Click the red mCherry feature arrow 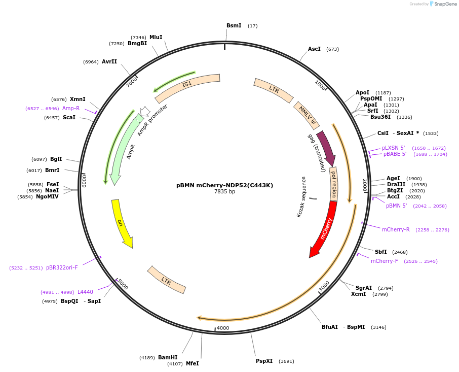pos(324,228)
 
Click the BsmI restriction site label pos(234,26)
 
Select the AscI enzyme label pos(314,49)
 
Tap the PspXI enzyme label pos(264,361)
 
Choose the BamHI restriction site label pos(168,357)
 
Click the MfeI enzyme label pos(192,363)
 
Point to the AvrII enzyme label pos(109,61)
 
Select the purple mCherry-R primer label pos(396,229)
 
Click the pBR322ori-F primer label pos(62,267)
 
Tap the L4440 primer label pos(85,292)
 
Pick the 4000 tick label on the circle pos(223,328)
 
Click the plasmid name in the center pos(224,185)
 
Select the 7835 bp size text pos(224,192)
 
